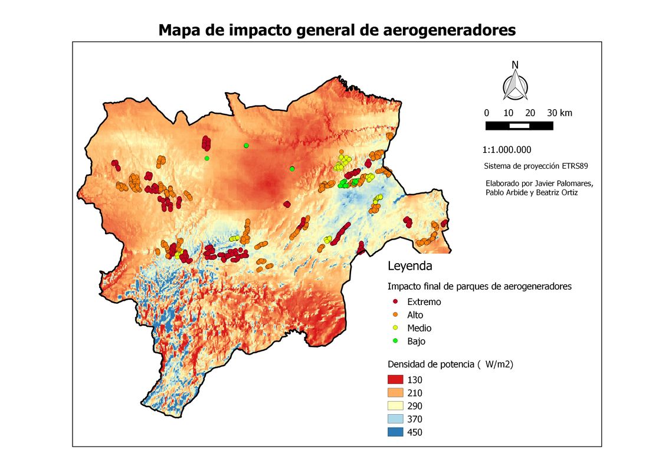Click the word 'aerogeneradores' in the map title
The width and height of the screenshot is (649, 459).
tap(450, 30)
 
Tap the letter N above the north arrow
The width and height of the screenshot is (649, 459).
tap(515, 65)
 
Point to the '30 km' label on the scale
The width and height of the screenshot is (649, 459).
tap(559, 113)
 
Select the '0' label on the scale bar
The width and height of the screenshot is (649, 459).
tap(486, 113)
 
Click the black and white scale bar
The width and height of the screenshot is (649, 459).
tap(519, 126)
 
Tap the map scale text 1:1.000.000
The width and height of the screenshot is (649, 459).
tap(507, 150)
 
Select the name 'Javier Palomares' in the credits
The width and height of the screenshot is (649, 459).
tap(561, 183)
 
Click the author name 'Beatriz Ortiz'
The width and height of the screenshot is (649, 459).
tap(560, 192)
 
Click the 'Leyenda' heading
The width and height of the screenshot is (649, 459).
tap(409, 266)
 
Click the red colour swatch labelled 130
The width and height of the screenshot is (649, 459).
tap(395, 379)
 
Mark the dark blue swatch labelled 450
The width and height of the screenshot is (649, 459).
tap(395, 432)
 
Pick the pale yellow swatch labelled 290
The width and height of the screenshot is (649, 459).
tap(395, 406)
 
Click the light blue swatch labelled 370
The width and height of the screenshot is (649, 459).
tap(395, 419)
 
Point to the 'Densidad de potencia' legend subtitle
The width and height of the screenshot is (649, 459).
tap(431, 365)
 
